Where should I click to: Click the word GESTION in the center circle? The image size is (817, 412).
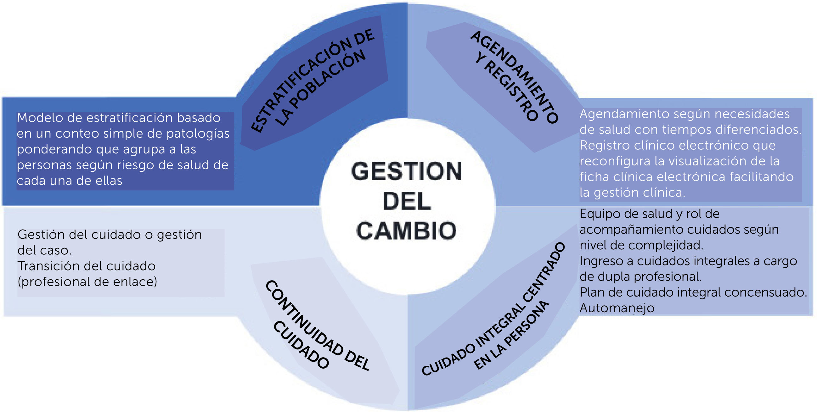[x=406, y=171]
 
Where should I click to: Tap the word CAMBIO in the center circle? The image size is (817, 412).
[x=406, y=231]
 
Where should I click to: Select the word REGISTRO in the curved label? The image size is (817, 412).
[x=510, y=91]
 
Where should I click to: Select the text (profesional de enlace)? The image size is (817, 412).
[x=87, y=282]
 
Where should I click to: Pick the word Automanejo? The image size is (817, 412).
[x=617, y=308]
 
